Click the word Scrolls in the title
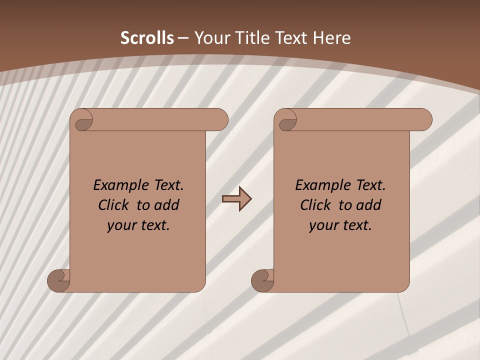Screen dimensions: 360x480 click(x=147, y=38)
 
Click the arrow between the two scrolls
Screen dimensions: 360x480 click(x=236, y=199)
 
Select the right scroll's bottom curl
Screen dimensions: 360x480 click(x=262, y=280)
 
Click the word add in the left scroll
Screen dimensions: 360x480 click(x=166, y=205)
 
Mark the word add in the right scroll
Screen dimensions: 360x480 click(x=369, y=205)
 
